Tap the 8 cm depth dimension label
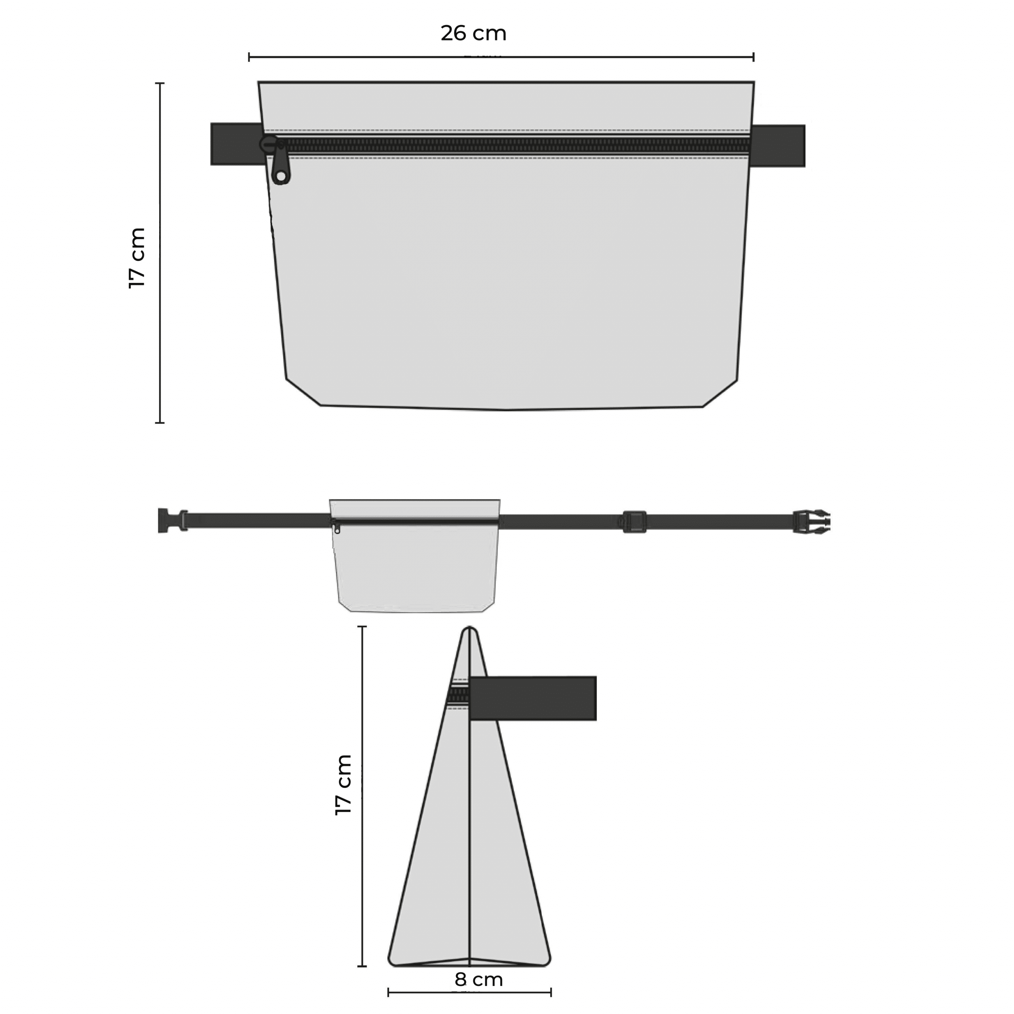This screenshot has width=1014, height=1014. (478, 980)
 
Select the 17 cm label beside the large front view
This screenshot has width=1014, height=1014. (137, 258)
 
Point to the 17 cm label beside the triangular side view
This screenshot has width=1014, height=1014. (343, 785)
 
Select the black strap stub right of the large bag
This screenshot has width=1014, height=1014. (778, 146)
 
